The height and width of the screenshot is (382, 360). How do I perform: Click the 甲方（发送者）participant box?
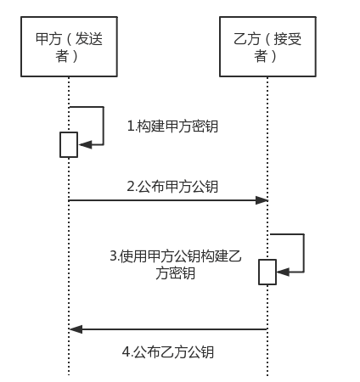pos(68,48)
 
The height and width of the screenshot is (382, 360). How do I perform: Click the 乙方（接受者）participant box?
pos(267,48)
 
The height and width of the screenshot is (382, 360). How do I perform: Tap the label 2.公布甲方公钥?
pos(172,187)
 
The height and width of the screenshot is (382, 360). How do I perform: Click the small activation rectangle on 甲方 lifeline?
pos(69,144)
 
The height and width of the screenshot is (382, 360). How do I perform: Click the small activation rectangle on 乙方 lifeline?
pos(267,272)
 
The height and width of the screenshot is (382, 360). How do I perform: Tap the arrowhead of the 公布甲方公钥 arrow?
pos(262,200)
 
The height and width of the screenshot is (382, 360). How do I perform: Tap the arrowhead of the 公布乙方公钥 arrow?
pos(76,329)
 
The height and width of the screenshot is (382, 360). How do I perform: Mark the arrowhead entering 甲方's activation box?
pos(84,145)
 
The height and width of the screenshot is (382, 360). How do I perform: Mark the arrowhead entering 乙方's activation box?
pos(283,272)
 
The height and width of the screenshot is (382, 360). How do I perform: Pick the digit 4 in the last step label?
pos(125,352)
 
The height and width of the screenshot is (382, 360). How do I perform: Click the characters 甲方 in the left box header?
pos(48,39)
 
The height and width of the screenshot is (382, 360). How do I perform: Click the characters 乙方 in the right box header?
pos(246,39)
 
